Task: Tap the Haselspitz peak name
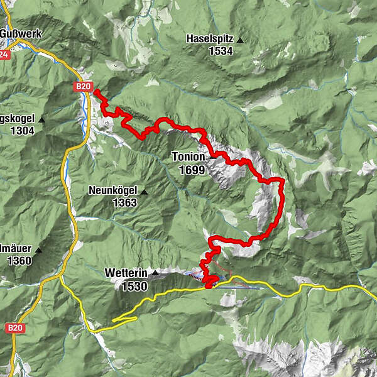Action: click(x=209, y=39)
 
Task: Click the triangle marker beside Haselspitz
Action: click(x=239, y=40)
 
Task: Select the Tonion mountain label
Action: click(x=188, y=158)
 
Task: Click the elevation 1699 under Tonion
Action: click(x=191, y=170)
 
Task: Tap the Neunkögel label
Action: click(x=113, y=192)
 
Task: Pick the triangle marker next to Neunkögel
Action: click(x=144, y=192)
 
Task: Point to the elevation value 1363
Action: click(x=124, y=203)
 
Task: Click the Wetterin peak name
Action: click(x=126, y=274)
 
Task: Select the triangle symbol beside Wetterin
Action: click(x=155, y=273)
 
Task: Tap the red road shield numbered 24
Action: click(x=4, y=55)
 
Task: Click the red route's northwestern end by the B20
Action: click(x=97, y=92)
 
